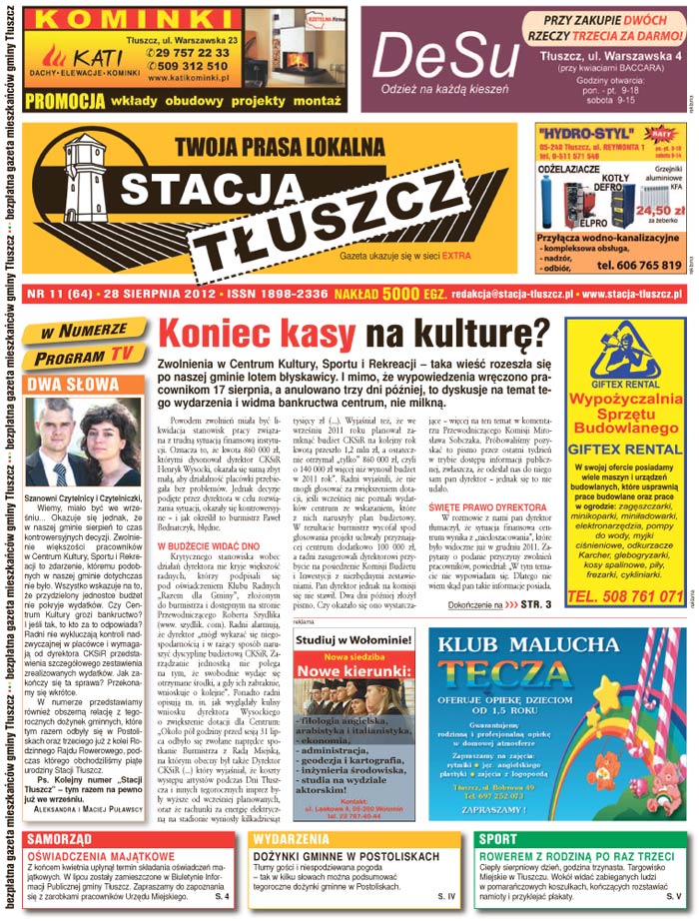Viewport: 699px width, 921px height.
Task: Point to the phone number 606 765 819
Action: tap(638, 265)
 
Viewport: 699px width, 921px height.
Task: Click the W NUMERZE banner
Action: tap(85, 331)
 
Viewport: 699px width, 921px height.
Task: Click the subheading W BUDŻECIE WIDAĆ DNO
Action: tap(208, 546)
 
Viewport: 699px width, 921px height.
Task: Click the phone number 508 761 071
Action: tap(624, 596)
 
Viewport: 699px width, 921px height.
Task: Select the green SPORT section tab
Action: tap(497, 839)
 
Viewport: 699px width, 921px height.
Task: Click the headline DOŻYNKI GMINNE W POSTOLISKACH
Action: tap(346, 857)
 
